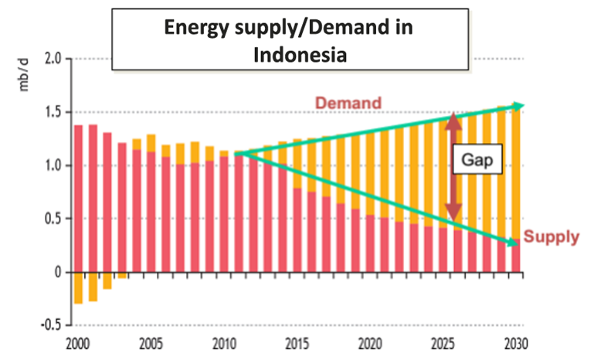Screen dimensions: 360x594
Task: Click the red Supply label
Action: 551,237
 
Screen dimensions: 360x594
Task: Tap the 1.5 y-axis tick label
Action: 52,113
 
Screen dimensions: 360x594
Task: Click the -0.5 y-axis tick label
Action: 49,324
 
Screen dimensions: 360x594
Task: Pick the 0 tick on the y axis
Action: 57,272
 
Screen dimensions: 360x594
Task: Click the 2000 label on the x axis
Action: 78,343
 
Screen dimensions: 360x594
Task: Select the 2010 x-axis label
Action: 224,343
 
